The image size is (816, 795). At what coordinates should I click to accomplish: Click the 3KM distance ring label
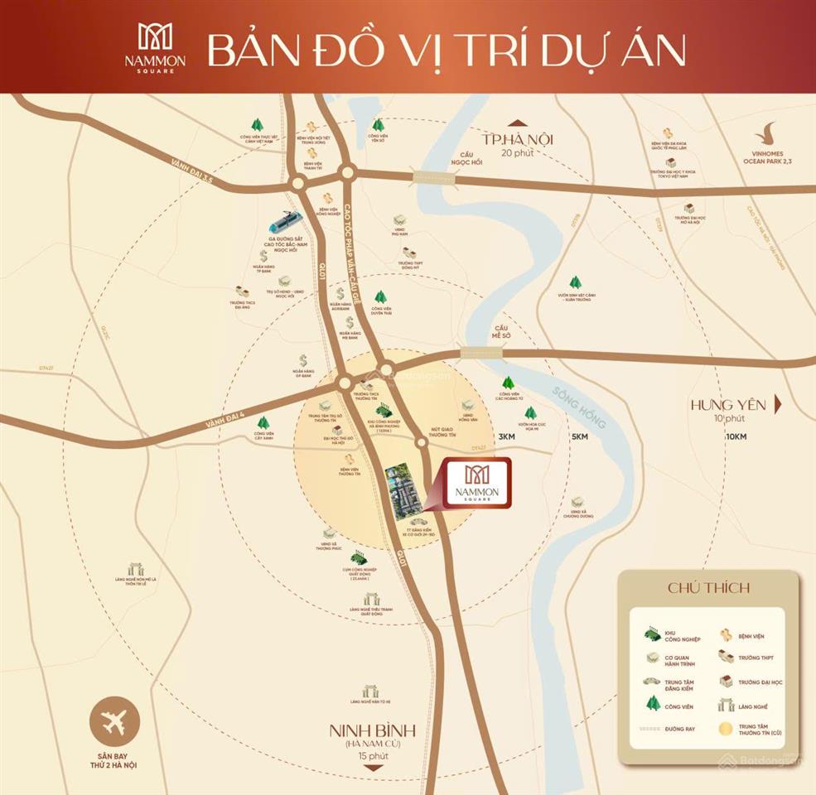tap(508, 436)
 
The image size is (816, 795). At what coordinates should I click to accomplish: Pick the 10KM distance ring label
tap(734, 436)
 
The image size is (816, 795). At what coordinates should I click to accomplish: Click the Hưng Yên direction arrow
tap(777, 405)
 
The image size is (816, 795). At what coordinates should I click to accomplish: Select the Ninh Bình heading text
tap(372, 732)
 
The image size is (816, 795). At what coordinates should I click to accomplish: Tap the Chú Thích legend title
tap(708, 588)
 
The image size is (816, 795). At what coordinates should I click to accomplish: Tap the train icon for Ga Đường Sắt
tap(284, 222)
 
